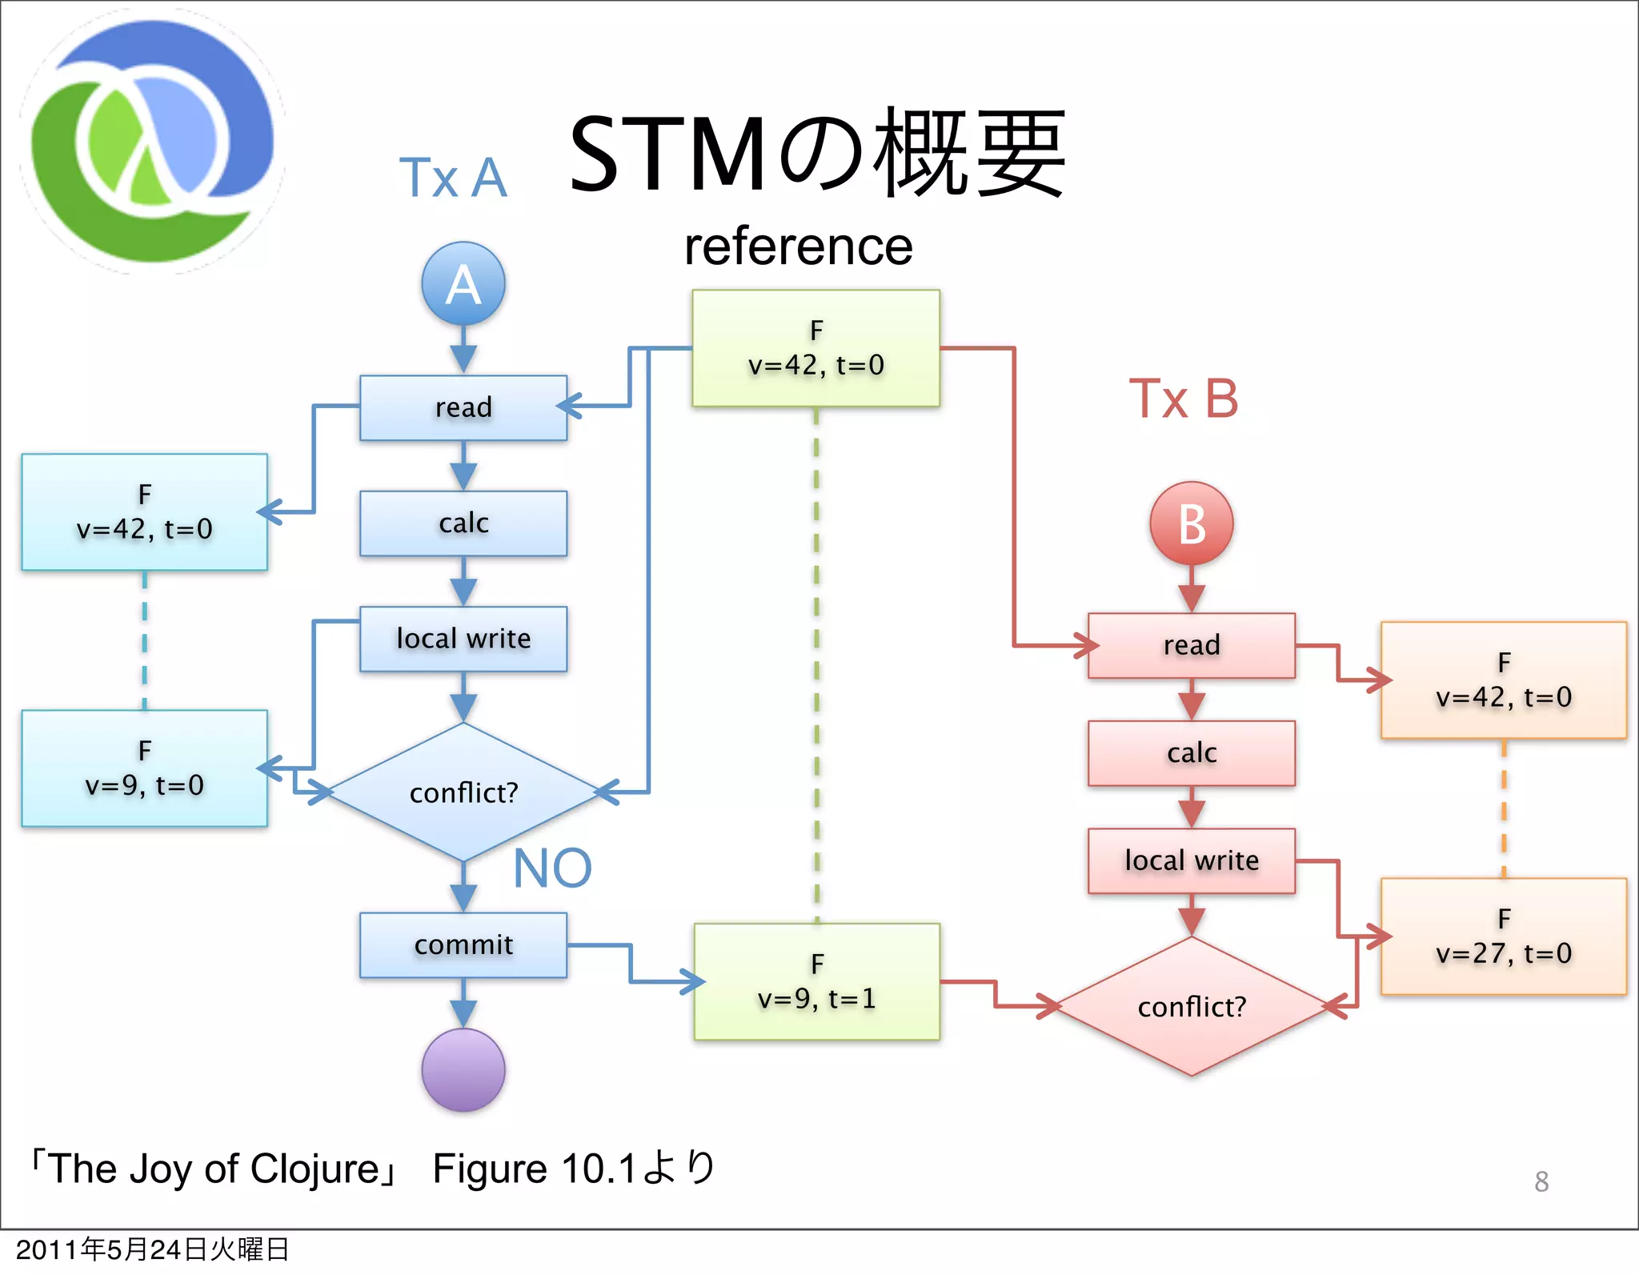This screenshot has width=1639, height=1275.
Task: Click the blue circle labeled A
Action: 463,284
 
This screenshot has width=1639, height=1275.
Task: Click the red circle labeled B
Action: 1191,524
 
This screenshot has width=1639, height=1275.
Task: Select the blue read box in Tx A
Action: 463,407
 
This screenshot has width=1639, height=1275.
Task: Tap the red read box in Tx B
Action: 1191,645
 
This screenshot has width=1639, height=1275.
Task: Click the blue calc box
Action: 463,523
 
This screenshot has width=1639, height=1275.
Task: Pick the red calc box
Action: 1191,753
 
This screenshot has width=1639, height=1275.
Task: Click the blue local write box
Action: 463,639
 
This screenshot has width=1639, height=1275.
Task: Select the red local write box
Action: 1191,860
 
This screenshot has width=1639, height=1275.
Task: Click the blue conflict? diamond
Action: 463,792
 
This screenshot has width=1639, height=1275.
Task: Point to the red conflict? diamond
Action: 1191,1006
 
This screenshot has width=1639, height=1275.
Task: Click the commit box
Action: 463,945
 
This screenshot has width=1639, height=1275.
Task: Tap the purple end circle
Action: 463,1070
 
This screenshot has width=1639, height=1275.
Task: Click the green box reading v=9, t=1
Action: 816,982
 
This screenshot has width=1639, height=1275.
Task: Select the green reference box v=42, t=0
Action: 815,348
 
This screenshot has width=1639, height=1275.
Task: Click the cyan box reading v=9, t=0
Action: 144,768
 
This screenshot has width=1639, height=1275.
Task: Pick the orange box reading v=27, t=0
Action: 1503,936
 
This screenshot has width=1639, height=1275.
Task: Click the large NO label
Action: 552,868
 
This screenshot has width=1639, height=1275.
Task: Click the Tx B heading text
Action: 1183,399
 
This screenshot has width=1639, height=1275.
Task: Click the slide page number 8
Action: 1541,1181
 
